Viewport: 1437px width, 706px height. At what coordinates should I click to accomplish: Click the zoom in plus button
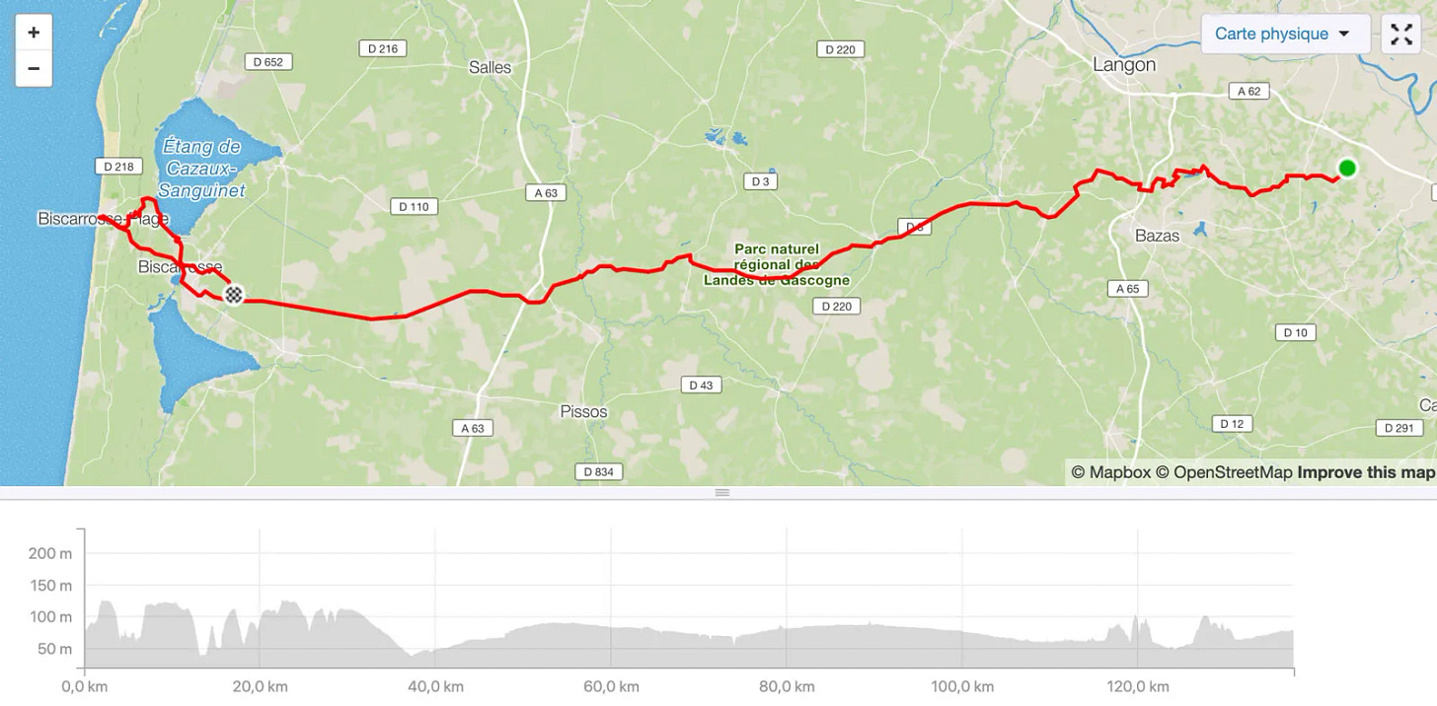pos(34,33)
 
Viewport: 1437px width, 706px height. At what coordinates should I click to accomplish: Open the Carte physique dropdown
pos(1284,34)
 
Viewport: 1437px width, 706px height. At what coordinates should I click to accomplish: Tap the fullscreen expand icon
pos(1401,34)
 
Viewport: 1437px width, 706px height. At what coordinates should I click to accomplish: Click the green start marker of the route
pos(1347,169)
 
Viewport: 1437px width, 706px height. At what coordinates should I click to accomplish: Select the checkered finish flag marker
pos(234,294)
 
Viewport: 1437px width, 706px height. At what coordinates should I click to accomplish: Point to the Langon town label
pos(1124,65)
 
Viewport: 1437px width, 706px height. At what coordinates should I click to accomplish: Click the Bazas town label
pos(1158,237)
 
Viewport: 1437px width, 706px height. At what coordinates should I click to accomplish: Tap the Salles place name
pos(491,67)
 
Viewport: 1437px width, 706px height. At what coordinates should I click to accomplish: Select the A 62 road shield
pos(1248,91)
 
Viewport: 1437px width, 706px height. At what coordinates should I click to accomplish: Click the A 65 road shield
pos(1126,289)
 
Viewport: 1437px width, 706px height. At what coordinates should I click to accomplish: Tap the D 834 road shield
pos(598,472)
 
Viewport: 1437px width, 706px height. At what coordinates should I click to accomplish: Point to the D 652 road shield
pos(267,61)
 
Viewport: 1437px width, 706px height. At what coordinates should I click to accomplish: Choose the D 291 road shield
pos(1399,428)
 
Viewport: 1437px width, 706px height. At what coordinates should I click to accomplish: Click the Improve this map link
pos(1366,472)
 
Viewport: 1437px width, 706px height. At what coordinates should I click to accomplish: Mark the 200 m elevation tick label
pos(50,554)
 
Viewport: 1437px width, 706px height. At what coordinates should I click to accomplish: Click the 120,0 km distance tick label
pos(1138,686)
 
